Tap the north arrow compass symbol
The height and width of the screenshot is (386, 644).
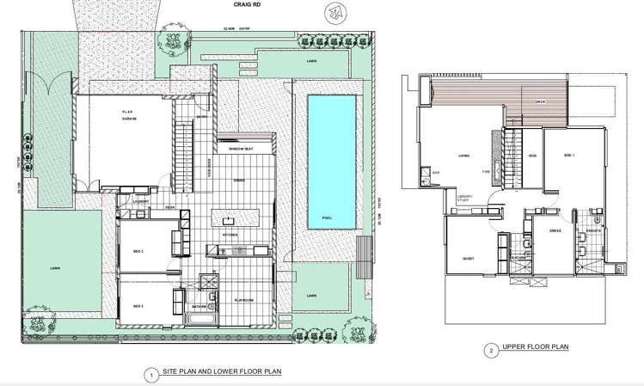point(333,14)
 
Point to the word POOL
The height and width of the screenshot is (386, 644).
point(327,218)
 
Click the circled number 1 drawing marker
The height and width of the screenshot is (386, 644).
point(150,374)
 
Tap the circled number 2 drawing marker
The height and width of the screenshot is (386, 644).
point(490,350)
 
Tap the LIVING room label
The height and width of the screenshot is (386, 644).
point(463,156)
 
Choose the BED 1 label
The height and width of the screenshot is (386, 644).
point(568,156)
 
